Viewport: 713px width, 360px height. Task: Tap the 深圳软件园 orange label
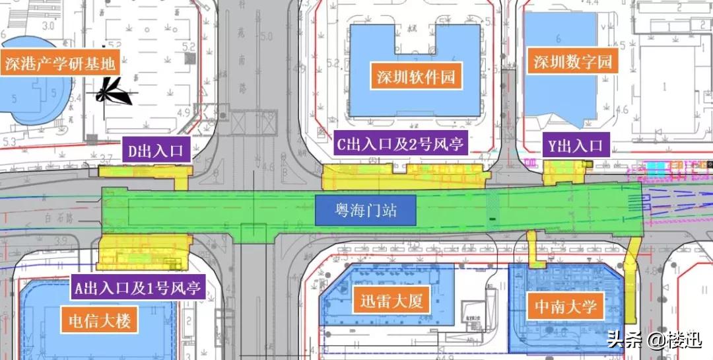pos(416,77)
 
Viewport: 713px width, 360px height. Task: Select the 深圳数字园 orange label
pos(573,63)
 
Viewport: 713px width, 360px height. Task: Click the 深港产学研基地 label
pos(60,63)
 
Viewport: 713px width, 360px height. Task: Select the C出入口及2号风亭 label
pos(401,143)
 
